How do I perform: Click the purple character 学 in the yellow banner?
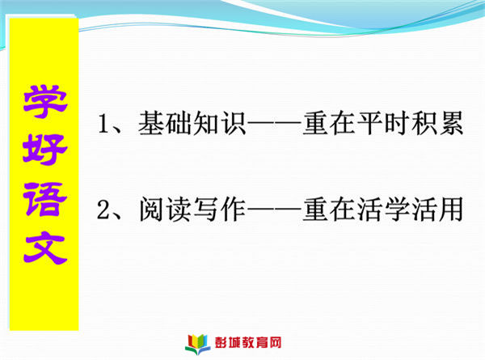tap(45, 102)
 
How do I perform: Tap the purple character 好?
tap(45, 150)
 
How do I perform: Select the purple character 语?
tap(45, 199)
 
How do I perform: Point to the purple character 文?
tap(45, 248)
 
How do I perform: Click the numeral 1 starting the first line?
tap(103, 124)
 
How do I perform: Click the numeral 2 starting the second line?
tap(103, 210)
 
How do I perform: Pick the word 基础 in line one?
tap(165, 124)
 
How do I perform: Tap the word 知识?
tap(219, 124)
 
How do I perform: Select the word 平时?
tap(383, 124)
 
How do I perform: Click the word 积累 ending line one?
tap(437, 124)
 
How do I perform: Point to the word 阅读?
tap(165, 210)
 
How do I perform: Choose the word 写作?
tap(219, 210)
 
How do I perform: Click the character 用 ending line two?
tap(450, 210)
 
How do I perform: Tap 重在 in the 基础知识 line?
tap(329, 124)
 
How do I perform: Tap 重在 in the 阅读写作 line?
tap(329, 210)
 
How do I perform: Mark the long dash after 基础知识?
tap(274, 125)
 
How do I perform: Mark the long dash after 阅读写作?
tap(274, 210)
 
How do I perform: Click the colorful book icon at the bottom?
tap(198, 344)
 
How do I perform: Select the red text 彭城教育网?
tap(248, 343)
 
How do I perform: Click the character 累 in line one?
tap(451, 124)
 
